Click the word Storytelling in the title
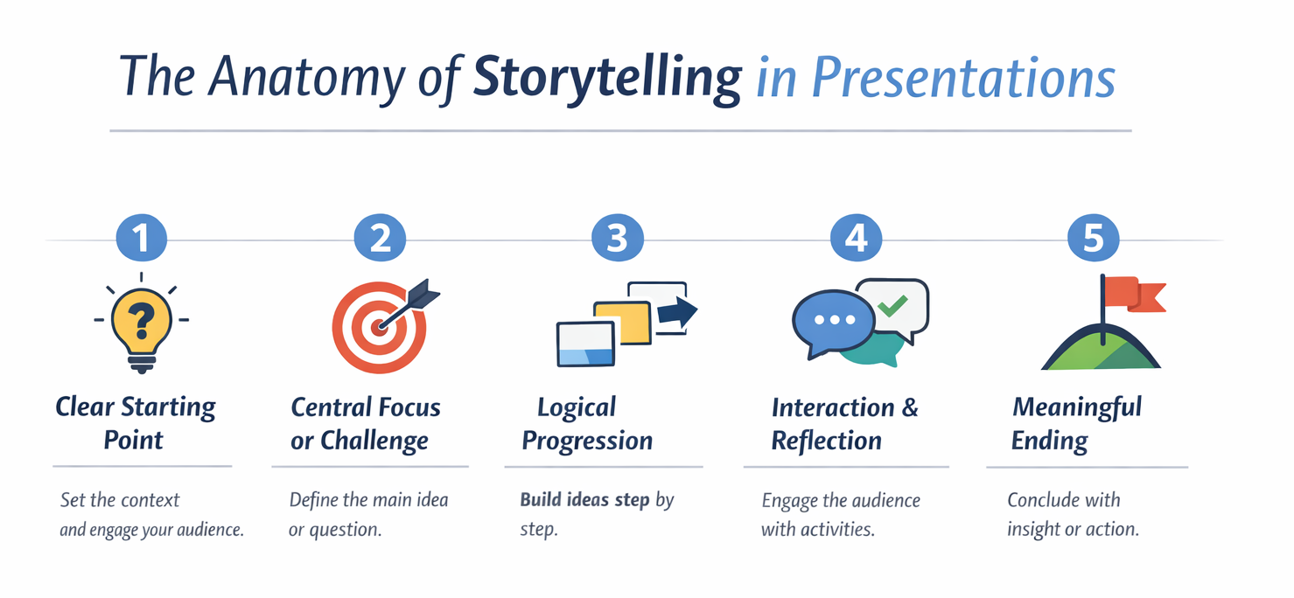pyautogui.click(x=606, y=78)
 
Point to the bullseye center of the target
pyautogui.click(x=379, y=327)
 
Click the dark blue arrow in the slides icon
pyautogui.click(x=675, y=312)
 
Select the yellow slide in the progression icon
pyautogui.click(x=623, y=322)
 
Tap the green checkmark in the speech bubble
pyautogui.click(x=892, y=305)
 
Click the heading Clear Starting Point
pyautogui.click(x=135, y=422)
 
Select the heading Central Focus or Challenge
pyautogui.click(x=365, y=423)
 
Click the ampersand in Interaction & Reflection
pyautogui.click(x=910, y=408)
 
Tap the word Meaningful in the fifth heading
pyautogui.click(x=1076, y=407)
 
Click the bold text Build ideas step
pyautogui.click(x=584, y=501)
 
